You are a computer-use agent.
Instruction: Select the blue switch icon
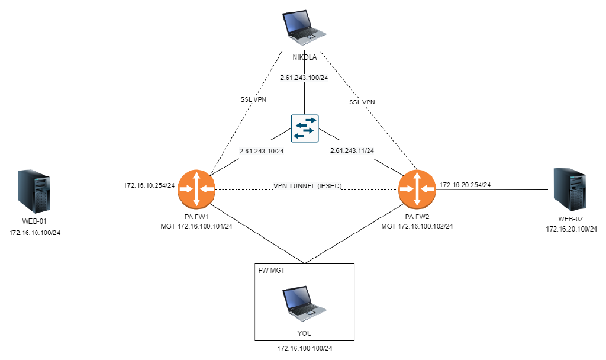[x=304, y=128]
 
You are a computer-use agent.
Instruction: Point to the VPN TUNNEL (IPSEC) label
[x=307, y=185]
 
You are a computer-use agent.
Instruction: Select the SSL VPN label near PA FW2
[x=362, y=102]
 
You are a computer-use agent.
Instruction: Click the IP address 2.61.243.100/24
[x=304, y=78]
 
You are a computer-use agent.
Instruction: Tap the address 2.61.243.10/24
[x=262, y=151]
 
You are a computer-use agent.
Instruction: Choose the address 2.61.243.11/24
[x=352, y=151]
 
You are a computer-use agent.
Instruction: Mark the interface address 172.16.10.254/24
[x=149, y=185]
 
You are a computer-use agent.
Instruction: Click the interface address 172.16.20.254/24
[x=465, y=185]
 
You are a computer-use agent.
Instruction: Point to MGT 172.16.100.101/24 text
[x=196, y=226]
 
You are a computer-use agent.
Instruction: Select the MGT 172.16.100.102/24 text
[x=417, y=226]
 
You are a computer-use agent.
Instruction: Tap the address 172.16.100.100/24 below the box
[x=304, y=349]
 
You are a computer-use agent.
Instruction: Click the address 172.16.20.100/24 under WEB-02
[x=571, y=229]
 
